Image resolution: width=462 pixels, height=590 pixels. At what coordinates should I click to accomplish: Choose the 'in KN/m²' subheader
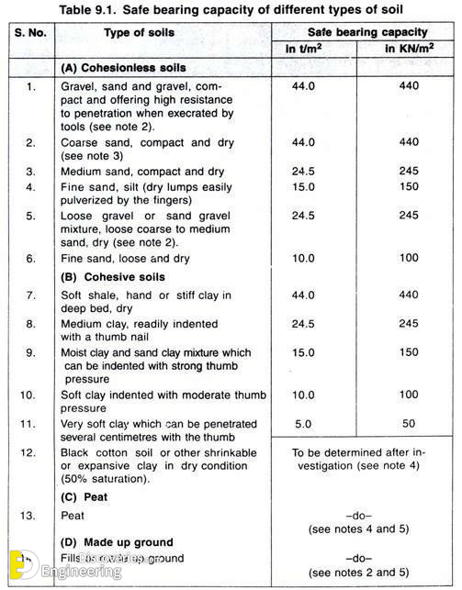tap(408, 50)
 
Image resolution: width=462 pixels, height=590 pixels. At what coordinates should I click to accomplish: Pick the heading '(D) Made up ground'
tap(117, 542)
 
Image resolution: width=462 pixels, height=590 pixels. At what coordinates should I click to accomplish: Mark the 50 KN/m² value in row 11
tap(409, 425)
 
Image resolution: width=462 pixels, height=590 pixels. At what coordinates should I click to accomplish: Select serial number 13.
tap(30, 515)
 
